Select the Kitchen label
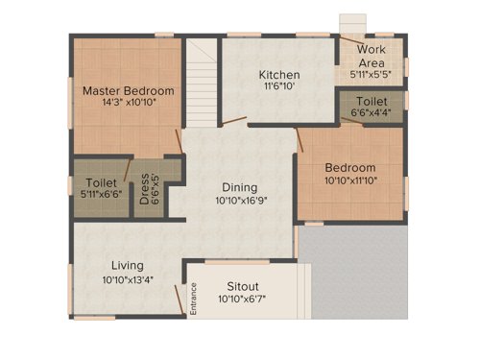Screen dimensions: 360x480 tap(279, 75)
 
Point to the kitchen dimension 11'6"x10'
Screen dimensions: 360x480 tap(279, 87)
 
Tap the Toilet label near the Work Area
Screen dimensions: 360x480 tap(372, 101)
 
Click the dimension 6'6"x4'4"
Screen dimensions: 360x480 tap(372, 113)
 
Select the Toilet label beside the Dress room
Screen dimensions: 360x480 tap(101, 181)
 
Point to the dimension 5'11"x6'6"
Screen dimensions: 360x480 tap(101, 194)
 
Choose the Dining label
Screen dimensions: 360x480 tap(239, 188)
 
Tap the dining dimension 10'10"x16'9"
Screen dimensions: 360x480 tap(239, 202)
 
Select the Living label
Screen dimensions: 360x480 tap(127, 266)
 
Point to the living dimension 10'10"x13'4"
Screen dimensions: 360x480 tap(127, 279)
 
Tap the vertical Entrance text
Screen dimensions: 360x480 tap(193, 298)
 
